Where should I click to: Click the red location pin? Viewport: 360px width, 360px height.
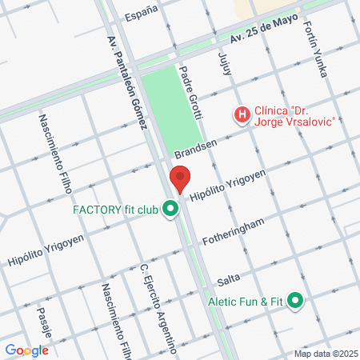(181, 179)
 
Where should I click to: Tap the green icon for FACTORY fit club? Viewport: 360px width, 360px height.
(170, 210)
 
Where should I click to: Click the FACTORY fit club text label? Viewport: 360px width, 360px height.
(116, 210)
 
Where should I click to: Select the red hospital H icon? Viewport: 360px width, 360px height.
(241, 115)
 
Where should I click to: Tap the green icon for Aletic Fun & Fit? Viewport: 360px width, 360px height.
(296, 301)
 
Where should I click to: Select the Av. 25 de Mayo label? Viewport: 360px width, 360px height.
(263, 27)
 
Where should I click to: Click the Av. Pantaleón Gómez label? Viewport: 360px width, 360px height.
(127, 80)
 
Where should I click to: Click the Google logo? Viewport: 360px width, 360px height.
(26, 350)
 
